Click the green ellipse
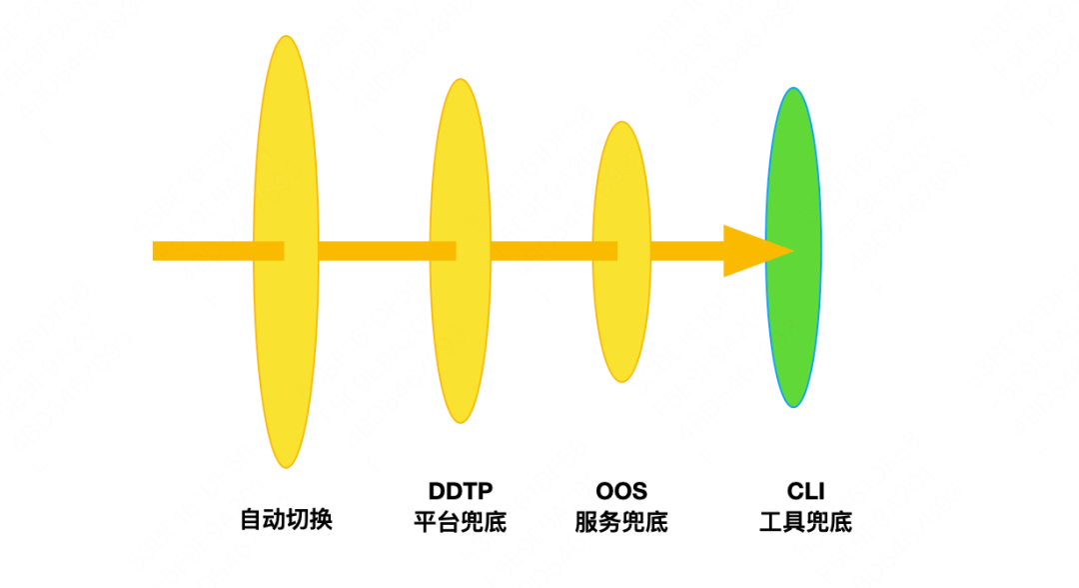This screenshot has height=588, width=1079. click(x=793, y=330)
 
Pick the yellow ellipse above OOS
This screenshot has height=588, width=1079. click(x=621, y=320)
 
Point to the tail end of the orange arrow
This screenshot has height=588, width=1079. click(x=160, y=251)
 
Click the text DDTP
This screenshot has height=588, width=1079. click(x=461, y=491)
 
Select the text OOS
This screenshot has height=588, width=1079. click(x=621, y=491)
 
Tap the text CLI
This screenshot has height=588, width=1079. click(x=805, y=491)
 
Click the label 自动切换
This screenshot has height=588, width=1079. click(x=286, y=520)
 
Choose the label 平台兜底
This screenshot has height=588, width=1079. click(x=461, y=522)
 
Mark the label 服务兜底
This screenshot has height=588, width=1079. click(x=621, y=522)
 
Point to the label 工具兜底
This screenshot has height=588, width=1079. click(x=805, y=522)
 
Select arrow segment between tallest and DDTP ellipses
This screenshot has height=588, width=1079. click(x=375, y=251)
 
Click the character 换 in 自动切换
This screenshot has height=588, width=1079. click(x=321, y=520)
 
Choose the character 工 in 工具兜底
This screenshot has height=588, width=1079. click(x=770, y=522)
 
